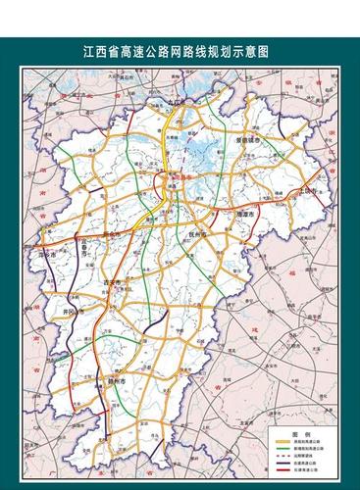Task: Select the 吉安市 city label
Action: click(x=115, y=283)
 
